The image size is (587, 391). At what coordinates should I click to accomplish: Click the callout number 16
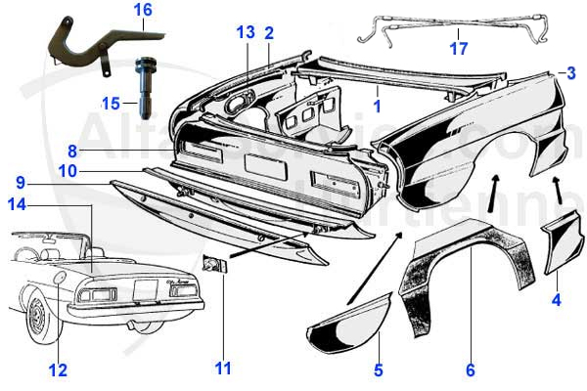(x=143, y=10)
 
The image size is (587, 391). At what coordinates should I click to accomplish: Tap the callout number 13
(x=244, y=31)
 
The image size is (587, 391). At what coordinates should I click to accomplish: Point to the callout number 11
(x=224, y=368)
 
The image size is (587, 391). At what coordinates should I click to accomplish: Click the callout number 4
(x=556, y=300)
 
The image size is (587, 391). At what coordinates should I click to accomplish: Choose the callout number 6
(x=470, y=369)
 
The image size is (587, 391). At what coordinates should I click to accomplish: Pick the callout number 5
(x=378, y=369)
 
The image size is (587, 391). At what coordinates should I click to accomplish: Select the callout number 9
(x=20, y=182)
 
